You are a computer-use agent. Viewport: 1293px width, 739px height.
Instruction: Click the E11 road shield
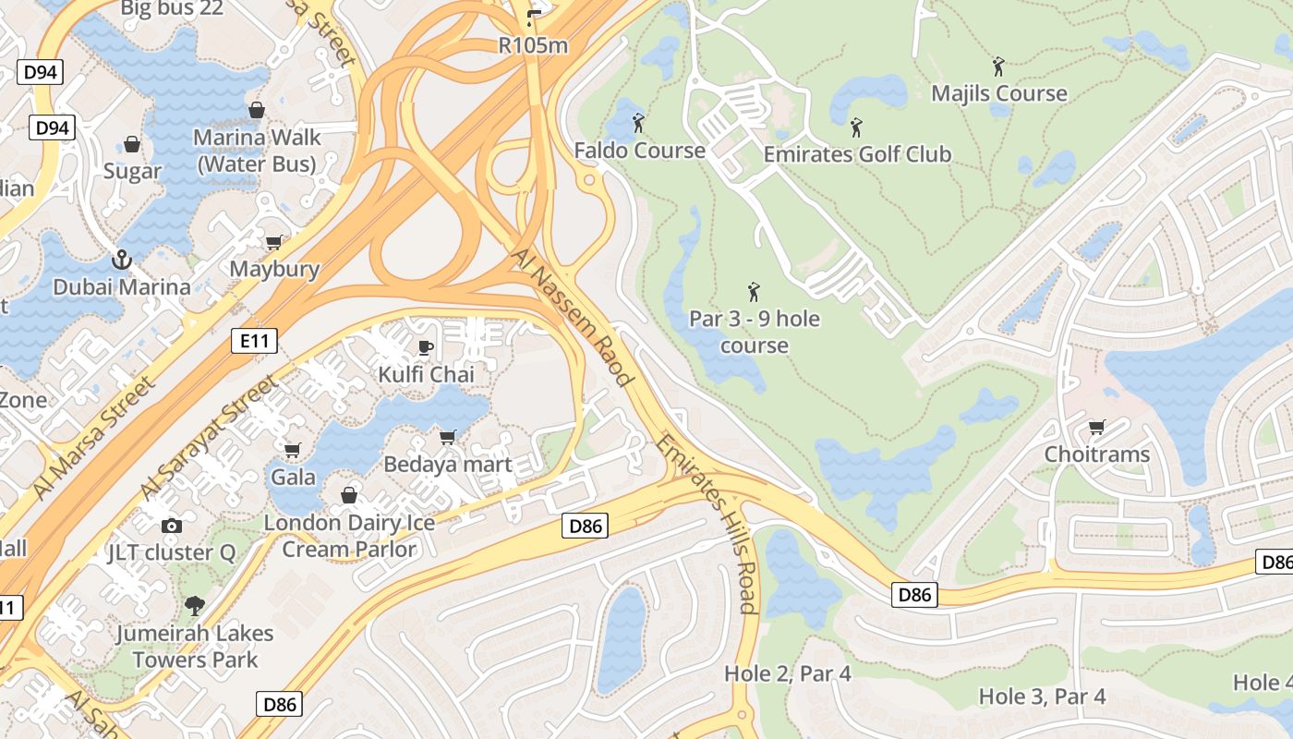pos(253,341)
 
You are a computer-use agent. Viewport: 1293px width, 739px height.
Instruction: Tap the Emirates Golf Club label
pos(856,153)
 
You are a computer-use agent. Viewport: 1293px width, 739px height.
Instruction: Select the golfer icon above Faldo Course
pos(638,122)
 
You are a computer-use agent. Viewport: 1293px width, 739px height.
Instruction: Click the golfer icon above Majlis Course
pos(997,66)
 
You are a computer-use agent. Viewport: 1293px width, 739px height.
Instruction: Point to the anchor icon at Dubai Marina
pos(121,260)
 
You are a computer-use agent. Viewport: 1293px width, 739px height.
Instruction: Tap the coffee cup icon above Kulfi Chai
pos(425,347)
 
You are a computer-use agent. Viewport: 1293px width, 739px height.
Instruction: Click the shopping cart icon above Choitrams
pos(1096,427)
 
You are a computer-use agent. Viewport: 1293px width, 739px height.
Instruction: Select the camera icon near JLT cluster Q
pos(171,526)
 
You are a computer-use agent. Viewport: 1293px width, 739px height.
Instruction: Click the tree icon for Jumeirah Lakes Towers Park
pos(194,606)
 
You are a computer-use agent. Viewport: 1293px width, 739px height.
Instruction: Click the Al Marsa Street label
pos(92,440)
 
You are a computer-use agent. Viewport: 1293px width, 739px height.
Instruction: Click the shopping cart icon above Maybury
pos(273,242)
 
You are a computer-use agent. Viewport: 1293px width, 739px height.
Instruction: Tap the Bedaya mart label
pos(447,464)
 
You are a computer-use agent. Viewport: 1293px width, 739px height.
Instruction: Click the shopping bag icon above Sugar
pos(132,145)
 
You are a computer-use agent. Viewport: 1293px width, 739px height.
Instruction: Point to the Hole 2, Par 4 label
pos(787,673)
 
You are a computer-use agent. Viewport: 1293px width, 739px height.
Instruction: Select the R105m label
pos(532,44)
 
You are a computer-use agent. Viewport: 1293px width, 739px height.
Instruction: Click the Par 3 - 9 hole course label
pos(754,332)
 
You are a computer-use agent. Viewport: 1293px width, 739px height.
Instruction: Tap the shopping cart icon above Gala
pos(292,451)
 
